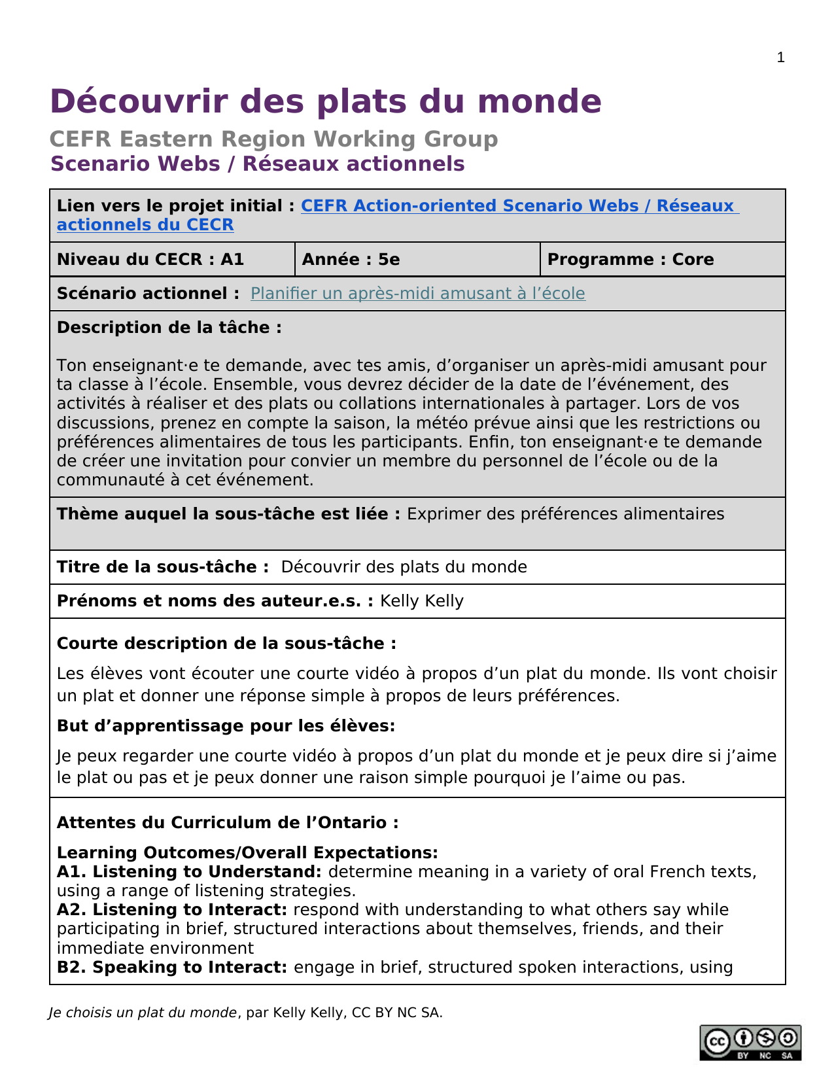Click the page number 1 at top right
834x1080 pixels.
coord(780,58)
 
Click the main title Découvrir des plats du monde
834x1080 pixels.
coord(326,101)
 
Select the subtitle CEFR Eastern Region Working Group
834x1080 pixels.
coord(273,139)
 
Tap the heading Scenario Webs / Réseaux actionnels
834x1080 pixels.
coord(258,164)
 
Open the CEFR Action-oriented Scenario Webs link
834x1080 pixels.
coord(519,206)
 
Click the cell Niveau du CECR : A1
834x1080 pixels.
coord(150,260)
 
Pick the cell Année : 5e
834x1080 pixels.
coord(351,260)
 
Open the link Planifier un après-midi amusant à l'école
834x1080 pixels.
coord(417,294)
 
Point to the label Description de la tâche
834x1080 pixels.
coord(169,328)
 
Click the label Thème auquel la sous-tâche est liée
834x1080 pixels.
coord(228,514)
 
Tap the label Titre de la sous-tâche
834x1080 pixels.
coord(163,567)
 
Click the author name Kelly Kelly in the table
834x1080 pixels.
coord(422,601)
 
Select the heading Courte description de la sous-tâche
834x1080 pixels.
coord(226,644)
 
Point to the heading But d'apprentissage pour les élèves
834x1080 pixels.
coord(226,726)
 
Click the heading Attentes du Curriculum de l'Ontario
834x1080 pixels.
coord(228,823)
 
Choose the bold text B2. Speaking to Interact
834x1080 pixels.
coord(172,967)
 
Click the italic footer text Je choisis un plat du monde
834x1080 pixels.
coord(143,1013)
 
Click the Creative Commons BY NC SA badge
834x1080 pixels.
coord(750,1042)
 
